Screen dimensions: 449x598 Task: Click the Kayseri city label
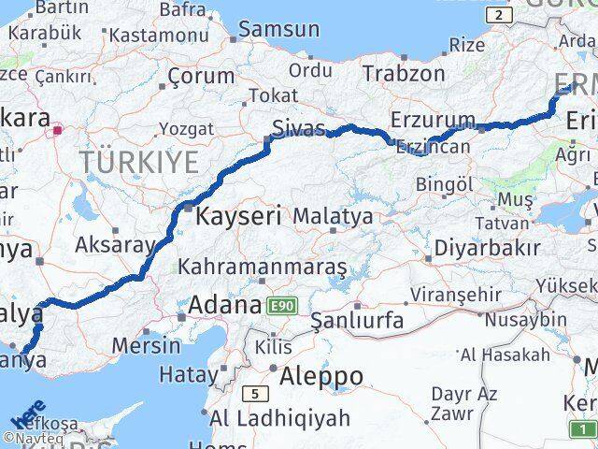click(238, 216)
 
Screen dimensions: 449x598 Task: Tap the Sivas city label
click(298, 128)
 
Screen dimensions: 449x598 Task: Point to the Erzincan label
click(432, 147)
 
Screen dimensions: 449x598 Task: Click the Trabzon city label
click(403, 73)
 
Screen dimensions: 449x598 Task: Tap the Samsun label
click(278, 30)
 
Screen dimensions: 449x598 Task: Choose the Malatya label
click(333, 216)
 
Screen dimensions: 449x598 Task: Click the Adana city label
click(224, 305)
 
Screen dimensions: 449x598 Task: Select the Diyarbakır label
click(486, 249)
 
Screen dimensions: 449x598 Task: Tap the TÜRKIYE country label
click(138, 162)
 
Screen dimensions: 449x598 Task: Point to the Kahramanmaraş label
click(263, 267)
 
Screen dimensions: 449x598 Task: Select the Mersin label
click(146, 344)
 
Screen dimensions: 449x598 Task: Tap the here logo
click(29, 413)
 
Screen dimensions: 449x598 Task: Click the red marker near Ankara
click(58, 131)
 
